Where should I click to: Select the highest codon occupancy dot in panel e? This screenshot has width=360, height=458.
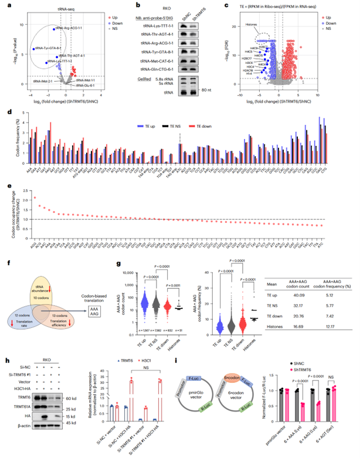tap(35, 198)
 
